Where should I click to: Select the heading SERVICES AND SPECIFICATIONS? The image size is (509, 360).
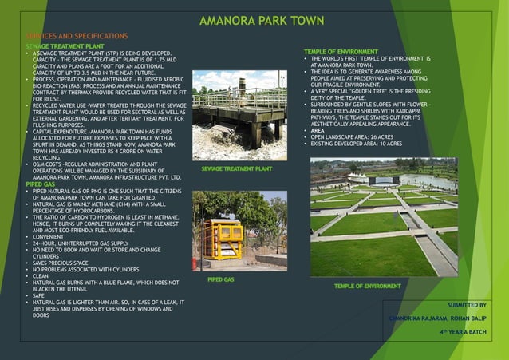click(x=77, y=37)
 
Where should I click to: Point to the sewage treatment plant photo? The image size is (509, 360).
click(x=239, y=116)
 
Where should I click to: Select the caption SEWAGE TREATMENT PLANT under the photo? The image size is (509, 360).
click(x=237, y=169)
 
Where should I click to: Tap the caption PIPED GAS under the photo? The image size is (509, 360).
click(x=221, y=280)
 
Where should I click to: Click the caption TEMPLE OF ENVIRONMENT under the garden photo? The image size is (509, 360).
click(x=367, y=285)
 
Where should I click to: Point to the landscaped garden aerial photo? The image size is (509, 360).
click(x=384, y=216)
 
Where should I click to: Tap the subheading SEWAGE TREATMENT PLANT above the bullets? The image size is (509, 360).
click(x=65, y=46)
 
